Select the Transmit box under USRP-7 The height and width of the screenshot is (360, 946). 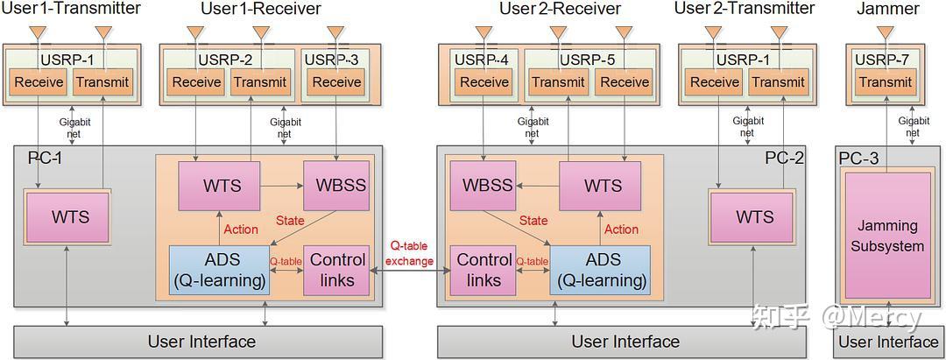(886, 82)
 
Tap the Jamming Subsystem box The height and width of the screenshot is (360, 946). (887, 236)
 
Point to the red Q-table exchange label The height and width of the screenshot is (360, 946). (408, 253)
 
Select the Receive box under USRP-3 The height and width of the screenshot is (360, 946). (336, 82)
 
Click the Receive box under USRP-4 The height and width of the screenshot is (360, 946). (484, 82)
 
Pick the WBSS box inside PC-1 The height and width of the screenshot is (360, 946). (335, 186)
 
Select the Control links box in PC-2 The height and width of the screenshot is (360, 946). (484, 270)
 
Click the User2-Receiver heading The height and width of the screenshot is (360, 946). (560, 9)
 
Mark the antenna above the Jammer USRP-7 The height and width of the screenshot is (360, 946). (886, 32)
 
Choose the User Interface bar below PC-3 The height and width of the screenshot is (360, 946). (888, 342)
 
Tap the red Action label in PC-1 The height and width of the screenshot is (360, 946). (241, 229)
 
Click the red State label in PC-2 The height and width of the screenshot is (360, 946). (533, 221)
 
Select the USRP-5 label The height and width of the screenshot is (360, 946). (587, 60)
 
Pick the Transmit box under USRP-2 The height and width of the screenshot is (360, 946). (260, 82)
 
